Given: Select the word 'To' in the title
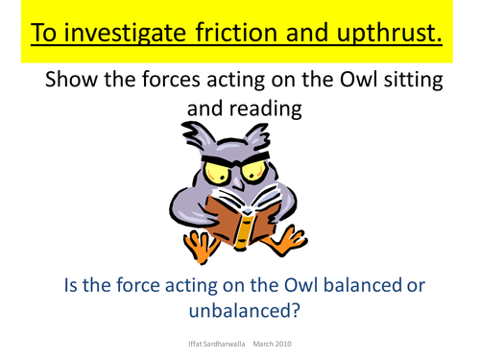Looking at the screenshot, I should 45,33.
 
